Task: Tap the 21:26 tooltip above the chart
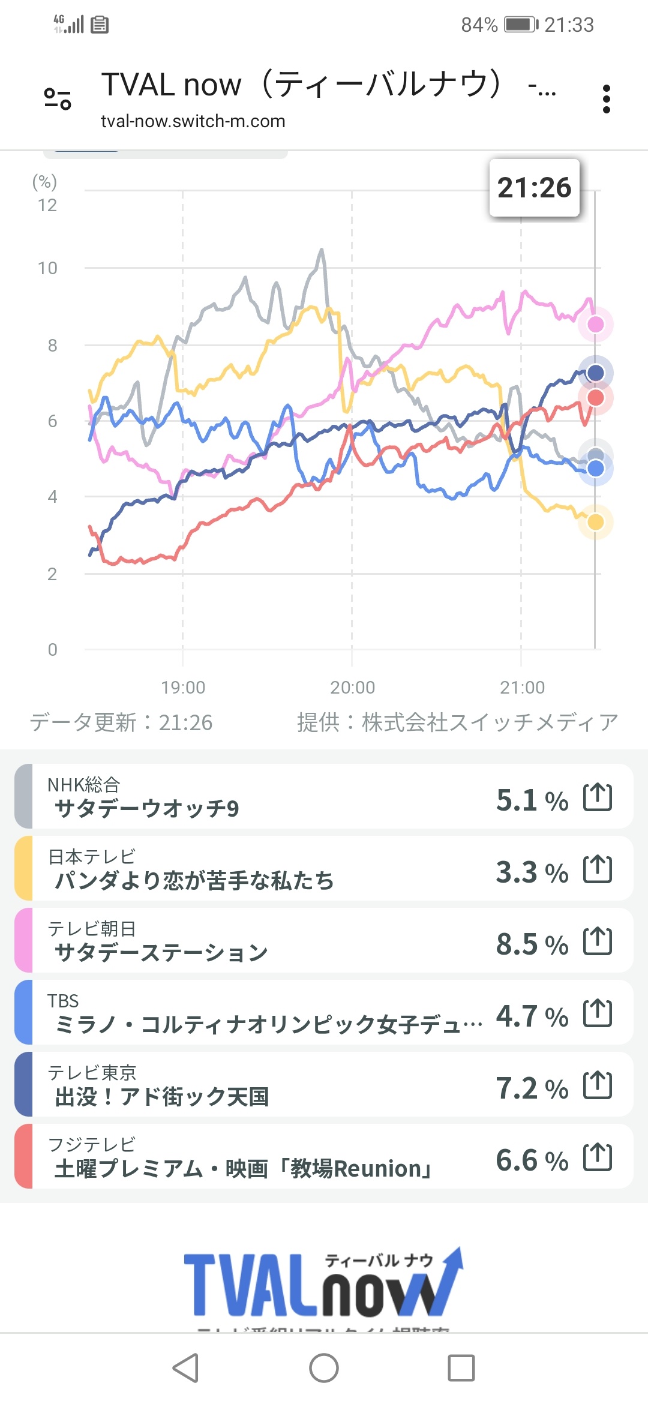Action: (x=534, y=188)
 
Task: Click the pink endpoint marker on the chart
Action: (x=595, y=325)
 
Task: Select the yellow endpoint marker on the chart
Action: (x=595, y=522)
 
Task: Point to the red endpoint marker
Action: (x=595, y=398)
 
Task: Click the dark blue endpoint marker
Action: (x=595, y=373)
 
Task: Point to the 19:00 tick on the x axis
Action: (x=183, y=687)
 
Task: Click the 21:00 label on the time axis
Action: (x=522, y=687)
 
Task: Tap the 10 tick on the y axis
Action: (x=47, y=268)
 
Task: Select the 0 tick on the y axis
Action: (x=52, y=649)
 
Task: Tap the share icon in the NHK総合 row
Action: (x=598, y=797)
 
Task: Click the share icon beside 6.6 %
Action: (x=598, y=1157)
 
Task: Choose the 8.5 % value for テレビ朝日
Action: (x=532, y=944)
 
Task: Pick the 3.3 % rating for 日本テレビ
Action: (x=532, y=872)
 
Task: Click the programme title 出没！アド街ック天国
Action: (x=161, y=1097)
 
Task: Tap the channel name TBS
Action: (x=63, y=1001)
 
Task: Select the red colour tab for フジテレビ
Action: (x=23, y=1156)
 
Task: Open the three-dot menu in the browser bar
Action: (x=607, y=99)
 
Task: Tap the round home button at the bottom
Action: (x=324, y=1368)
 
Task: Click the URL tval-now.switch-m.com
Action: (x=193, y=121)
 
